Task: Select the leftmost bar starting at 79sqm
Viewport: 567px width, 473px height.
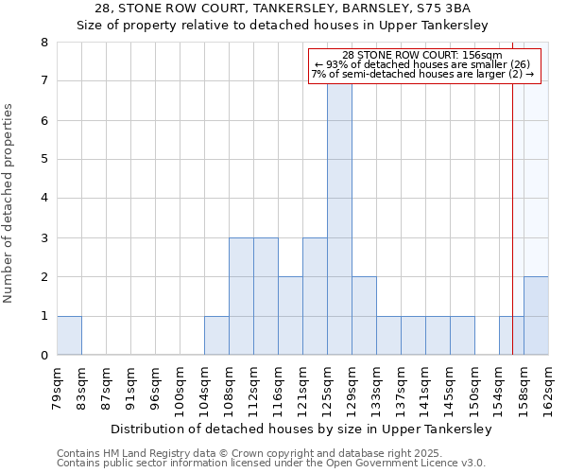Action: point(69,336)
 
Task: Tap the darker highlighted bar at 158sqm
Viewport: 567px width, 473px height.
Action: point(536,316)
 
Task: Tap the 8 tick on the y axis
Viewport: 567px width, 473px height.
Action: point(43,43)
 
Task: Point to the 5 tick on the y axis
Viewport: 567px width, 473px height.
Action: point(43,160)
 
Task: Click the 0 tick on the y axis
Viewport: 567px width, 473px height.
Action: point(43,356)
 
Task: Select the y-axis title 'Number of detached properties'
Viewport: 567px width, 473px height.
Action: point(9,204)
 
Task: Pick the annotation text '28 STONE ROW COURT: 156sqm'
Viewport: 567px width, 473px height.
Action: point(422,55)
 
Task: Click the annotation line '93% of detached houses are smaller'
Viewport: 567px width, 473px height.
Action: point(422,64)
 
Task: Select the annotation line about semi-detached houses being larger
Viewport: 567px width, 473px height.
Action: point(422,74)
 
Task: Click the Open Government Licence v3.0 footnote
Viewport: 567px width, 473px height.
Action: point(270,464)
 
